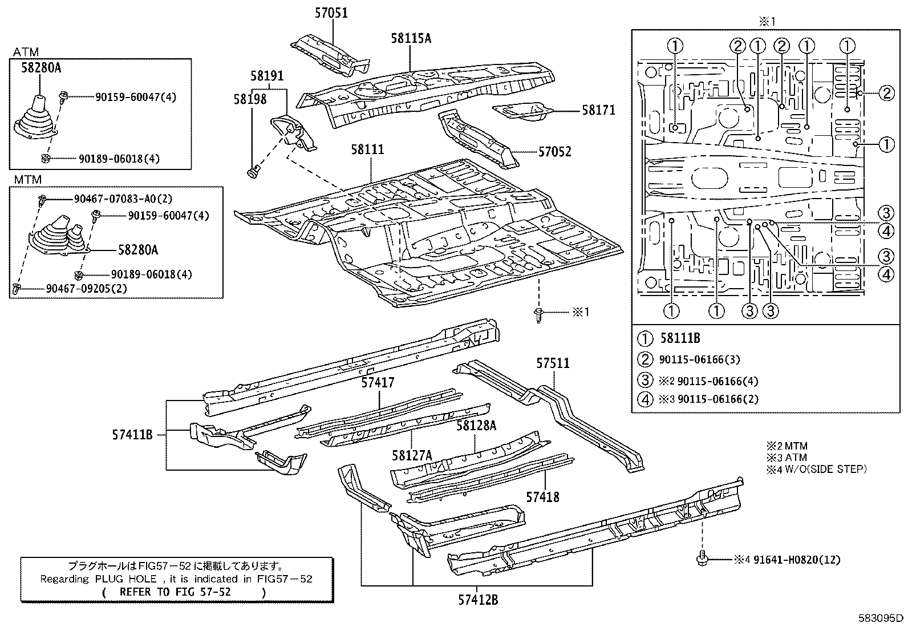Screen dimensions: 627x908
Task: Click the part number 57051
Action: [331, 13]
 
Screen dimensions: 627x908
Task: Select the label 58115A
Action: [411, 38]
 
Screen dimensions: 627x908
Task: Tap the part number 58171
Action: [598, 110]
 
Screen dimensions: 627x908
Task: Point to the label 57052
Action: [554, 152]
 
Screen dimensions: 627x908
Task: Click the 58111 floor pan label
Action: [367, 149]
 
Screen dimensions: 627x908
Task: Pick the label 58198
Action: [249, 99]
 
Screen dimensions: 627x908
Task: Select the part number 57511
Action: [553, 363]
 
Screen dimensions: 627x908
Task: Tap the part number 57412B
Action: [477, 600]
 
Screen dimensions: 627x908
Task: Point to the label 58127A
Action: [412, 455]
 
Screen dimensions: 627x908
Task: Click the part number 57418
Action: [542, 497]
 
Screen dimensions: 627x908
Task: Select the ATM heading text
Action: [26, 52]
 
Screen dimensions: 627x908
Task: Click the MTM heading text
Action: [27, 180]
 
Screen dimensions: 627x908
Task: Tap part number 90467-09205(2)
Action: [86, 289]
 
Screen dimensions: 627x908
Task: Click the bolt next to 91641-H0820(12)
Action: [702, 560]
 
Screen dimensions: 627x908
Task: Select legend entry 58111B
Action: [679, 338]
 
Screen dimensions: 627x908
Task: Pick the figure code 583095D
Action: [881, 618]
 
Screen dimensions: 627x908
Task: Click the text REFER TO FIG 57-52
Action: [175, 592]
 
